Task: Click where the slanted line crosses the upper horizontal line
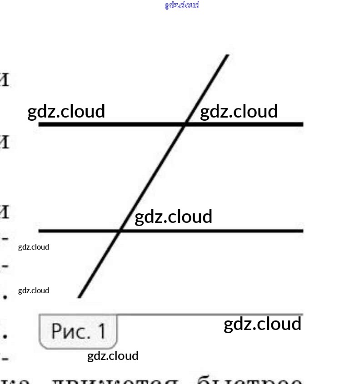point(185,124)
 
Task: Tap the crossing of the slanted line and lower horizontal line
point(120,231)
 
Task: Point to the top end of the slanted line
point(227,55)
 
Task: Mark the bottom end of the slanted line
point(80,297)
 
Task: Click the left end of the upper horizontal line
point(40,124)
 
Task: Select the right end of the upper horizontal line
point(302,124)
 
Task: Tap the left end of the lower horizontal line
point(40,231)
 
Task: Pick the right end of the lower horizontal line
point(302,231)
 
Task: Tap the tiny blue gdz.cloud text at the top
point(182,5)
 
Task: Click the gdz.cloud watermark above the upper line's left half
point(66,111)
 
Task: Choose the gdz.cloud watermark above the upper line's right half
point(239,111)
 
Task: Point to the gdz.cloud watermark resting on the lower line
point(174,217)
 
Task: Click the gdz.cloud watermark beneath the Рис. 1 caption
point(113,356)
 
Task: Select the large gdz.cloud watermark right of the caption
point(263,324)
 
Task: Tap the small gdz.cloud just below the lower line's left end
point(34,247)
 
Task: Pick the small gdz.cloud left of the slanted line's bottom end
point(34,290)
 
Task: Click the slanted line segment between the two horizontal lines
point(153,177)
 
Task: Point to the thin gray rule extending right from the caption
point(209,314)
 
